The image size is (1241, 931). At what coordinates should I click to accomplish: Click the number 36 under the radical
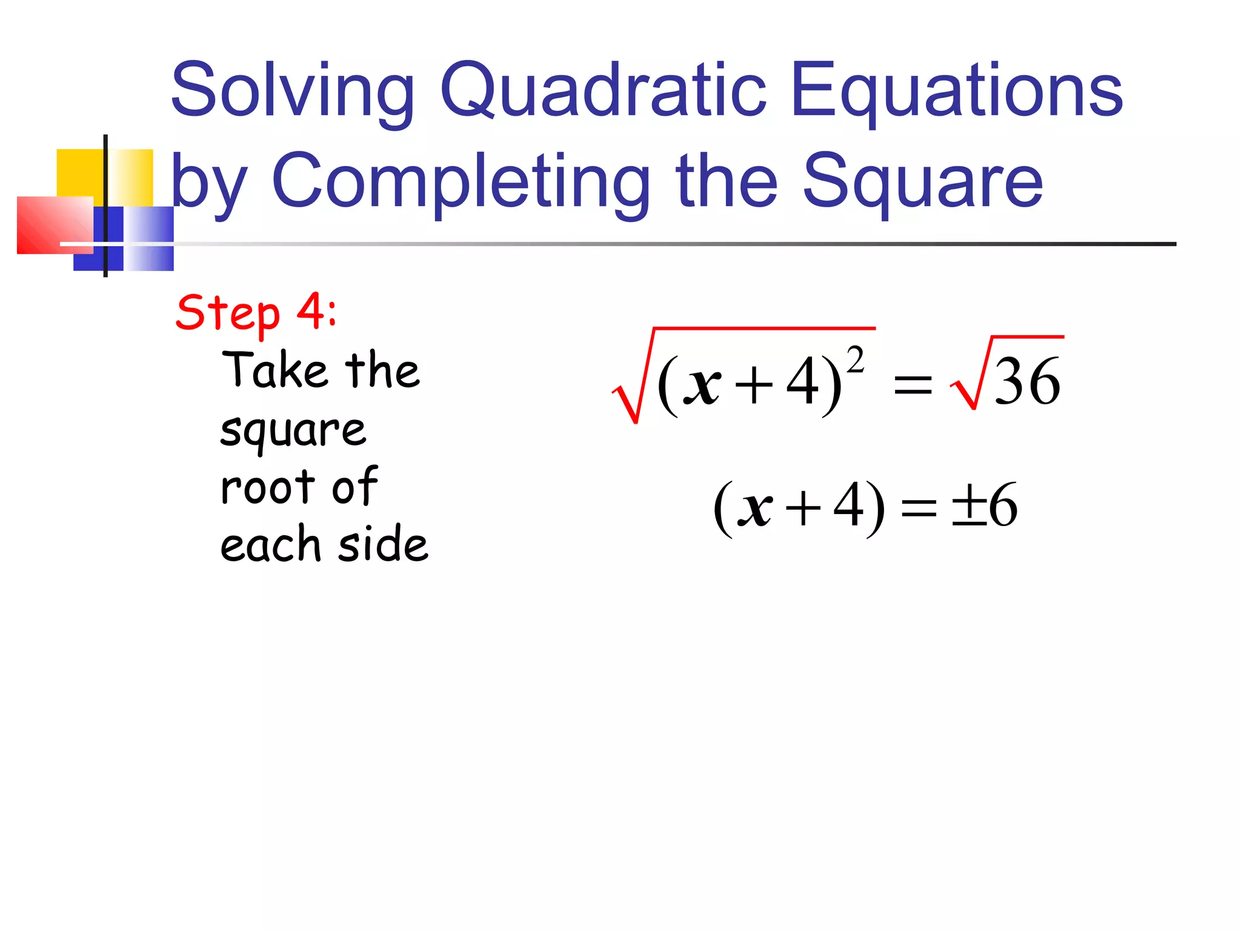[1027, 382]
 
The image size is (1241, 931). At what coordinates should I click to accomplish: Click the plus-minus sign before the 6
[969, 506]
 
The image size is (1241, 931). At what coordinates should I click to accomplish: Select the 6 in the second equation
[1003, 506]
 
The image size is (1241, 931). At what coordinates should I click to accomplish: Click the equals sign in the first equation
[913, 385]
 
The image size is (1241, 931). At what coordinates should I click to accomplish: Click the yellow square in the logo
[79, 173]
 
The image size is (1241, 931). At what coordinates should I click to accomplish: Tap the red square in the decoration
[52, 224]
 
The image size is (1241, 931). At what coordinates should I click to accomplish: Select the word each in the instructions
[270, 544]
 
